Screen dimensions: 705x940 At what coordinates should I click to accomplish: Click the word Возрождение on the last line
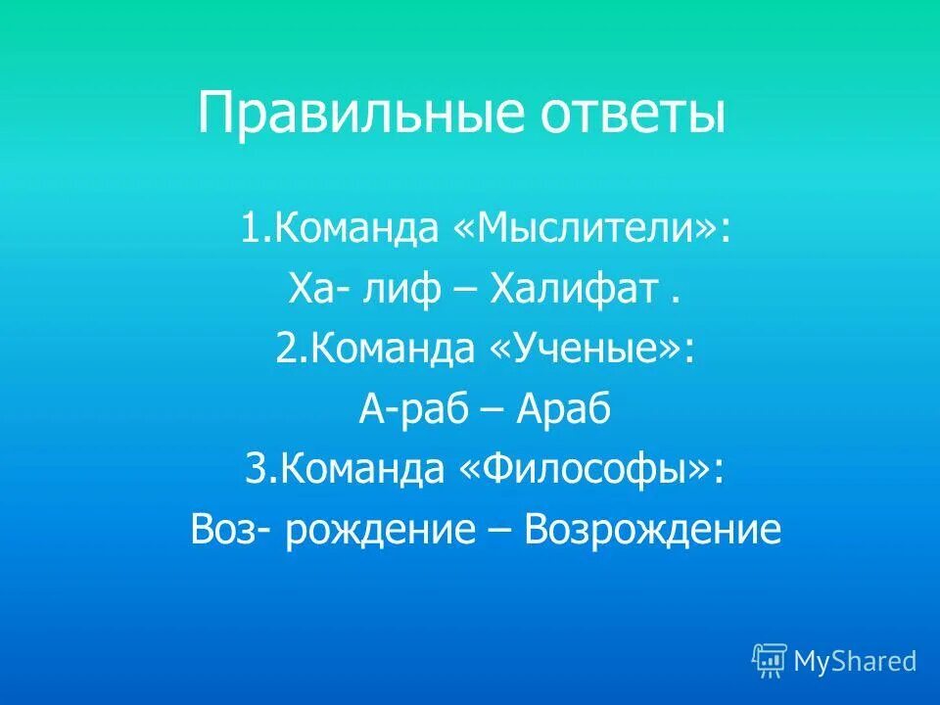coord(653,531)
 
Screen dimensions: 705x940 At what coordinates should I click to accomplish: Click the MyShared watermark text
coord(855,661)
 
